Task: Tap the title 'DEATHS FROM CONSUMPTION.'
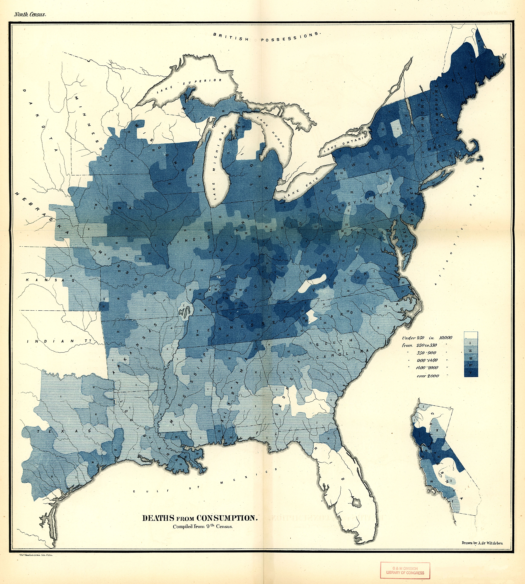(200, 518)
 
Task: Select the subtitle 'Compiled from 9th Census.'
(202, 526)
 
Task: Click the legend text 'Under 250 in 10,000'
(427, 338)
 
